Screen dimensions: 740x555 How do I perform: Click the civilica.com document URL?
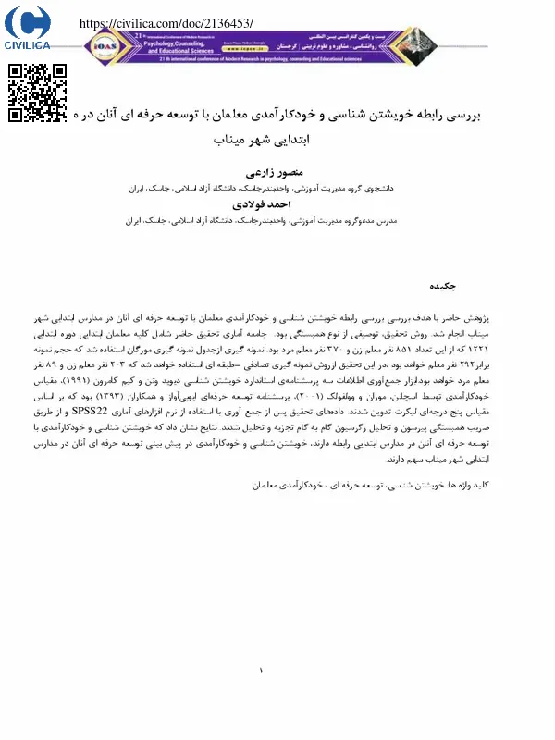click(x=167, y=22)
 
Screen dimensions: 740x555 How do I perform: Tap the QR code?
click(x=38, y=92)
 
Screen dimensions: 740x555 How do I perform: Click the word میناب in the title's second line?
click(x=229, y=145)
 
